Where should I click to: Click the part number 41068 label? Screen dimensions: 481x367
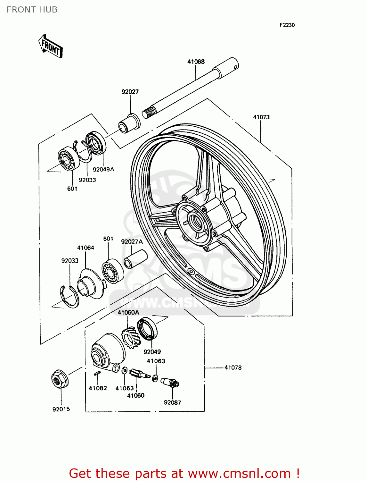(196, 62)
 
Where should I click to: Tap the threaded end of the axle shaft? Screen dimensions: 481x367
(149, 113)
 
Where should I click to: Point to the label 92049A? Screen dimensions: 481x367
(103, 169)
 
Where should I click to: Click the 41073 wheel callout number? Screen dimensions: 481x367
(261, 117)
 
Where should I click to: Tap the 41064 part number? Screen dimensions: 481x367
(86, 248)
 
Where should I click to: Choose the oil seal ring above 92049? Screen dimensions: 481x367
(148, 329)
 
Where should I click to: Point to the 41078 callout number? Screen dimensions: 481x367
(233, 367)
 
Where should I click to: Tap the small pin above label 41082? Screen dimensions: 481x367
(98, 373)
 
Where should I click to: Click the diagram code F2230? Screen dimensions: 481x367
(287, 25)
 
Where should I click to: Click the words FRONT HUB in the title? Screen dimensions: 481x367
(32, 10)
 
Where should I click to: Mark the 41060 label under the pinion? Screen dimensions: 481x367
(136, 395)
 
